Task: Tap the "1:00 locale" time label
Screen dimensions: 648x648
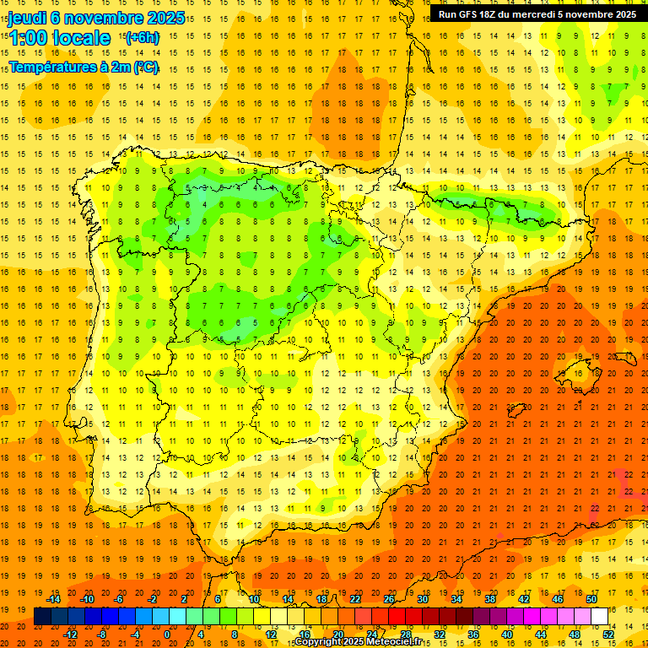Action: tap(59, 38)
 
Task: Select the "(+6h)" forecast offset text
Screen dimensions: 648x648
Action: tap(141, 38)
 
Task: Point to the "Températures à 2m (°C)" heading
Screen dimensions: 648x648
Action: tap(84, 67)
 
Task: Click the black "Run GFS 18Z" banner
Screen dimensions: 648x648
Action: tap(537, 14)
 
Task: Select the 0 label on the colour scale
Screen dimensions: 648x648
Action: tap(167, 634)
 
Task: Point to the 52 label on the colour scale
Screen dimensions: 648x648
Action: tap(608, 634)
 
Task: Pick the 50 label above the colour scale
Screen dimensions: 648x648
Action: tap(591, 598)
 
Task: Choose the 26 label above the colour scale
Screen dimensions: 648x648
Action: tap(388, 598)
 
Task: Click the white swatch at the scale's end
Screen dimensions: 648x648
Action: tap(599, 617)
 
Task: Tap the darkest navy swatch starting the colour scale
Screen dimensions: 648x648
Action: tap(42, 617)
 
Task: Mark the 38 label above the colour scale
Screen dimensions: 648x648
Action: tap(489, 598)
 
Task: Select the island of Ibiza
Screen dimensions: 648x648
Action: tap(516, 411)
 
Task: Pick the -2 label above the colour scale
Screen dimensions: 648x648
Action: tap(153, 598)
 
